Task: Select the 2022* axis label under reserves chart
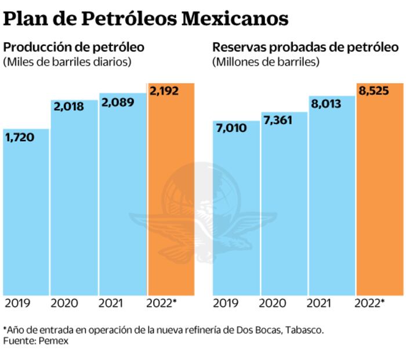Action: click(369, 303)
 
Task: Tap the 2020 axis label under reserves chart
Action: click(275, 303)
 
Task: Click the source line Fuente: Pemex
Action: click(35, 341)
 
